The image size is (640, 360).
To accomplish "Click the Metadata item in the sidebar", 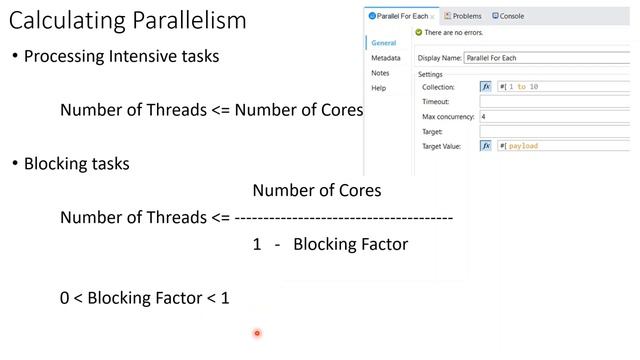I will [379, 58].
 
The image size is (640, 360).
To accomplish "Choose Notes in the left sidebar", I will [379, 73].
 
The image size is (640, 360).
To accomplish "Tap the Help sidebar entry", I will [377, 88].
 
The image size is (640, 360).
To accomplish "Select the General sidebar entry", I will [382, 43].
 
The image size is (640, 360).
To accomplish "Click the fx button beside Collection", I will [486, 87].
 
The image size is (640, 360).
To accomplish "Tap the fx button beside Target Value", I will [486, 145].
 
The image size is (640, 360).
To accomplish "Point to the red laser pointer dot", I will [257, 333].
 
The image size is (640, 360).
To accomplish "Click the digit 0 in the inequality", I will [65, 298].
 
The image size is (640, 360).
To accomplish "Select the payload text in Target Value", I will [522, 145].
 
